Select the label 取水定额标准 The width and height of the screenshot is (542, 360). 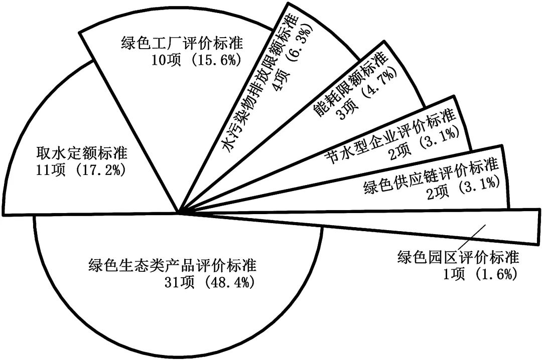tap(82, 152)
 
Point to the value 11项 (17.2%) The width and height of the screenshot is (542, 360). tap(82, 169)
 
